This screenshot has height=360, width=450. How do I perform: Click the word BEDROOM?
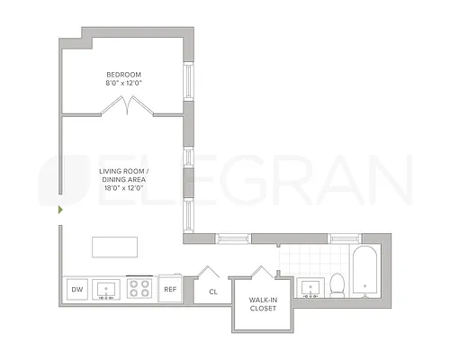pos(124,74)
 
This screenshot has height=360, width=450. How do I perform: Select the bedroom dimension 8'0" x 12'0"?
pos(124,83)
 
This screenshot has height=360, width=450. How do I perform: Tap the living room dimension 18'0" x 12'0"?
pos(123,188)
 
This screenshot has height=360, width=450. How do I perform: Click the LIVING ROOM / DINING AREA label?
pos(123,175)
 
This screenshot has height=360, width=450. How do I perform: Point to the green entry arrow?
pos(60,210)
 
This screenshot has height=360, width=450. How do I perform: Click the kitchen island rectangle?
pos(114,247)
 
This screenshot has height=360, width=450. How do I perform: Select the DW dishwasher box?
pos(76,289)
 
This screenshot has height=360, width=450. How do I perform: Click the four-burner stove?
pos(140,289)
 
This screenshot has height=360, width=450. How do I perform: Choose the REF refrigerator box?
pos(170,289)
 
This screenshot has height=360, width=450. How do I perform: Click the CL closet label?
pos(213,292)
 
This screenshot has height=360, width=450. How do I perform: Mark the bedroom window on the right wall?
pos(189,82)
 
